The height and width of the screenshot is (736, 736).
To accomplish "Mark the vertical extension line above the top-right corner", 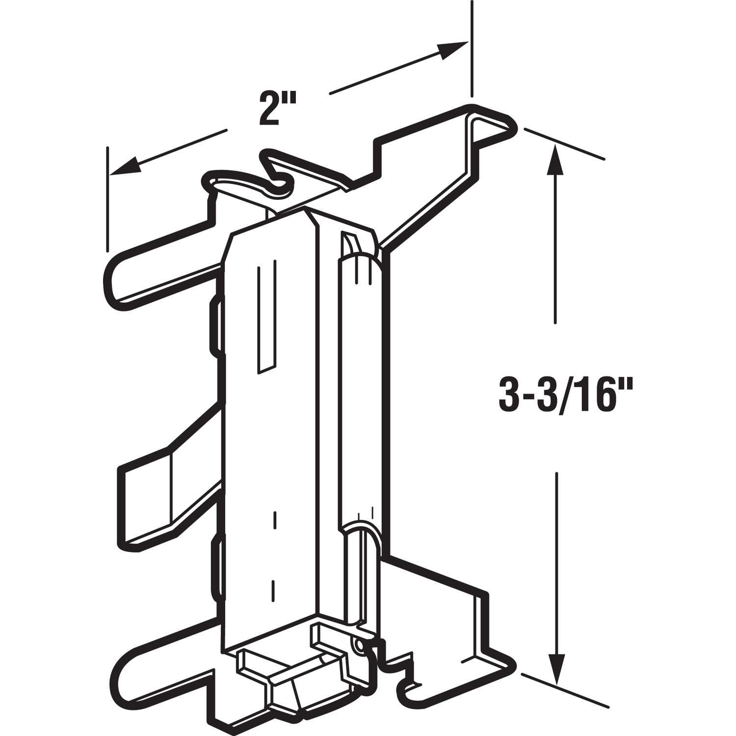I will point(472,49).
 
